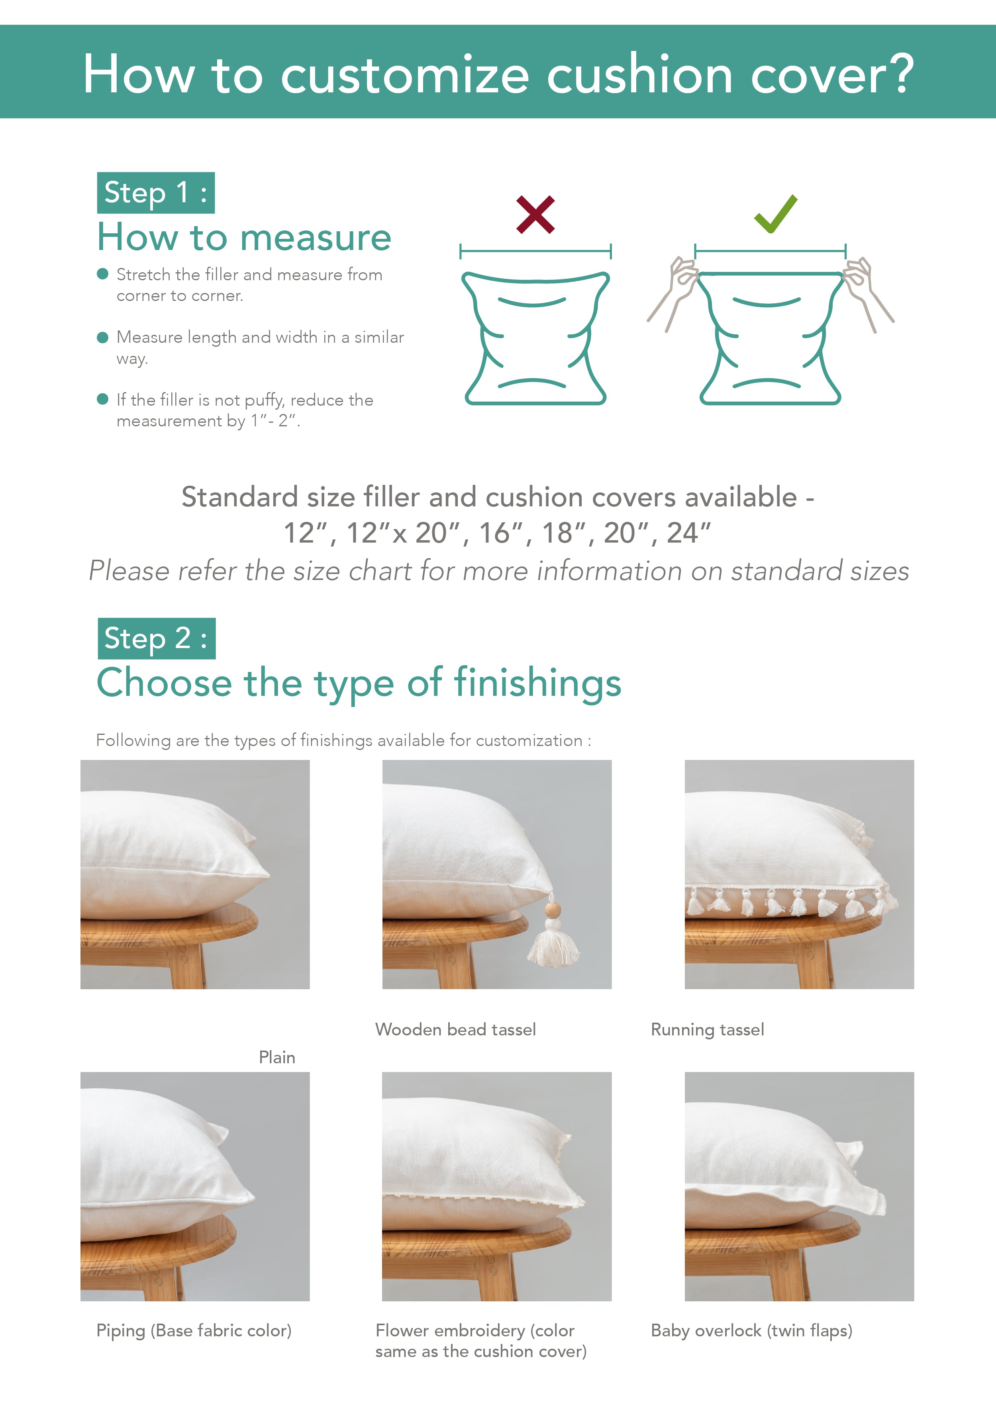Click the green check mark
(775, 215)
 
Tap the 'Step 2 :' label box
(157, 638)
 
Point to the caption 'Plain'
(276, 1057)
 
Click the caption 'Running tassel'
(707, 1030)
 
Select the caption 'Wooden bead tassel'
(455, 1030)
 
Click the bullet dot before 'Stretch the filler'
(103, 274)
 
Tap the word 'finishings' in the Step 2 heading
(537, 683)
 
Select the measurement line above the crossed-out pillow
(535, 250)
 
